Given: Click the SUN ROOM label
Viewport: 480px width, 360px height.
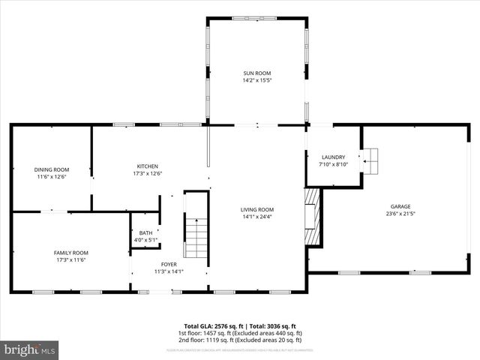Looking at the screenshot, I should tap(256, 73).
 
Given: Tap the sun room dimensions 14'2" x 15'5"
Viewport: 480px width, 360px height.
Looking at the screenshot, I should tap(256, 80).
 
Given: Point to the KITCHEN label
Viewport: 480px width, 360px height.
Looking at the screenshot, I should tap(147, 166).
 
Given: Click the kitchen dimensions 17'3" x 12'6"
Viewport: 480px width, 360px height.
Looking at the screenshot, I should tap(147, 173).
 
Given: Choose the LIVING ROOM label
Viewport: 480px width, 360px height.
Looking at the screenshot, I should tap(257, 209).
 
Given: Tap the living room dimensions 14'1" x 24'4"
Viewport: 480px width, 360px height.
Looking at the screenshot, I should tap(257, 217).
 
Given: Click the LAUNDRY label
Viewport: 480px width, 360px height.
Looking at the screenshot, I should tap(333, 157).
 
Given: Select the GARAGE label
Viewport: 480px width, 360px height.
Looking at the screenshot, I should tap(400, 206).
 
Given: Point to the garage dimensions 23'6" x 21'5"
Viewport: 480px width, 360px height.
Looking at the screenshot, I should tap(400, 213).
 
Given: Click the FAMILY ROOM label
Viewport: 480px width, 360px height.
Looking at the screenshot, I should tap(70, 253).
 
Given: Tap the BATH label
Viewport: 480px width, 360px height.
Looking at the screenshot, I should tap(145, 233).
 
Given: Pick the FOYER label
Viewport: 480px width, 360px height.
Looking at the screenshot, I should tap(169, 265).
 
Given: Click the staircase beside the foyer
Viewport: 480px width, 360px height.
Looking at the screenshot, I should tap(196, 237).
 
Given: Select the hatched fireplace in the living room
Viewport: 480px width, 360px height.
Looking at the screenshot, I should tap(313, 217).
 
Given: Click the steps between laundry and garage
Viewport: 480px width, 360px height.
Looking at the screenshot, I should tap(370, 159).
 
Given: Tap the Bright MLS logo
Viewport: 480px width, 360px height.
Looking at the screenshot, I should tap(30, 349).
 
